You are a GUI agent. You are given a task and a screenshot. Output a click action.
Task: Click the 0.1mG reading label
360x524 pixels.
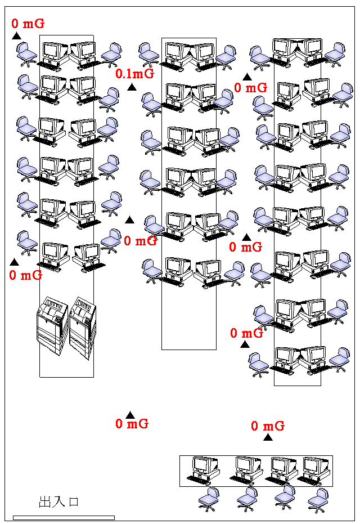click(134, 74)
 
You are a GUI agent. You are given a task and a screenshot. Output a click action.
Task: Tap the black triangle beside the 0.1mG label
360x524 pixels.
click(132, 87)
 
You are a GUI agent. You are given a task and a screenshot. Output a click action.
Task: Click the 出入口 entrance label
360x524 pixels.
click(58, 501)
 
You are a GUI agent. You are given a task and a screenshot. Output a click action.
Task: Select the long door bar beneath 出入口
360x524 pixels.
click(64, 518)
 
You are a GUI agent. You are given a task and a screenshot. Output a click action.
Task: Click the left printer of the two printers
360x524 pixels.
click(52, 325)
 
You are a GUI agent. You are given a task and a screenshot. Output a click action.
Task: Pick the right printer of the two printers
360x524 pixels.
click(83, 328)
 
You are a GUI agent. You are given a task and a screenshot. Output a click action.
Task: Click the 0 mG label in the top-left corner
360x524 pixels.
click(28, 24)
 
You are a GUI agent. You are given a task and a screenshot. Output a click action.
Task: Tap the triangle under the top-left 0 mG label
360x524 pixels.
click(16, 36)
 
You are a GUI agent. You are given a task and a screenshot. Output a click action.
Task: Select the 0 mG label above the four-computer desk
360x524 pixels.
click(268, 426)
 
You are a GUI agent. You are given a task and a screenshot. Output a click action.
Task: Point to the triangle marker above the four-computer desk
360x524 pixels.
click(268, 437)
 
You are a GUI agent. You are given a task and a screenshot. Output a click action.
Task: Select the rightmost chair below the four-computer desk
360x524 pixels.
click(318, 500)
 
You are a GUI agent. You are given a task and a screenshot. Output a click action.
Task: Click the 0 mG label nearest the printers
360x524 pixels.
click(26, 275)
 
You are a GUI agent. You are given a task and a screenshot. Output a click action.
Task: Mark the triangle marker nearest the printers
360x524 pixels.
click(14, 262)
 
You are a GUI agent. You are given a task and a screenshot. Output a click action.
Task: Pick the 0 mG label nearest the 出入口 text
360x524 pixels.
click(132, 423)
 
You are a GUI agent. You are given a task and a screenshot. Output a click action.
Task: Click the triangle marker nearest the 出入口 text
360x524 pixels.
click(130, 415)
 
